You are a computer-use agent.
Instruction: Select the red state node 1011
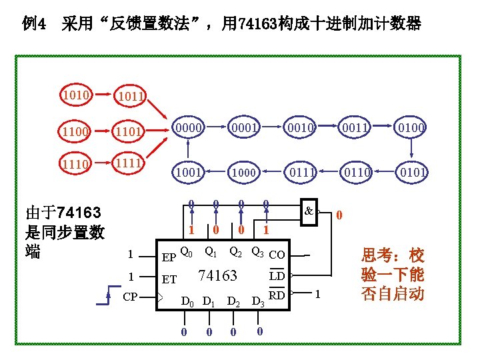130,97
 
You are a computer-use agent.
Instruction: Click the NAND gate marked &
309,211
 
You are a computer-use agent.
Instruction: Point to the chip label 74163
219,276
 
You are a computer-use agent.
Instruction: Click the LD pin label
277,276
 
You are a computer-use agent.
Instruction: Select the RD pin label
277,295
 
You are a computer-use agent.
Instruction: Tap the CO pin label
277,255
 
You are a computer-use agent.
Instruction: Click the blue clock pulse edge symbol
107,295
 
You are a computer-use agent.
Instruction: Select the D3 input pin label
256,301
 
